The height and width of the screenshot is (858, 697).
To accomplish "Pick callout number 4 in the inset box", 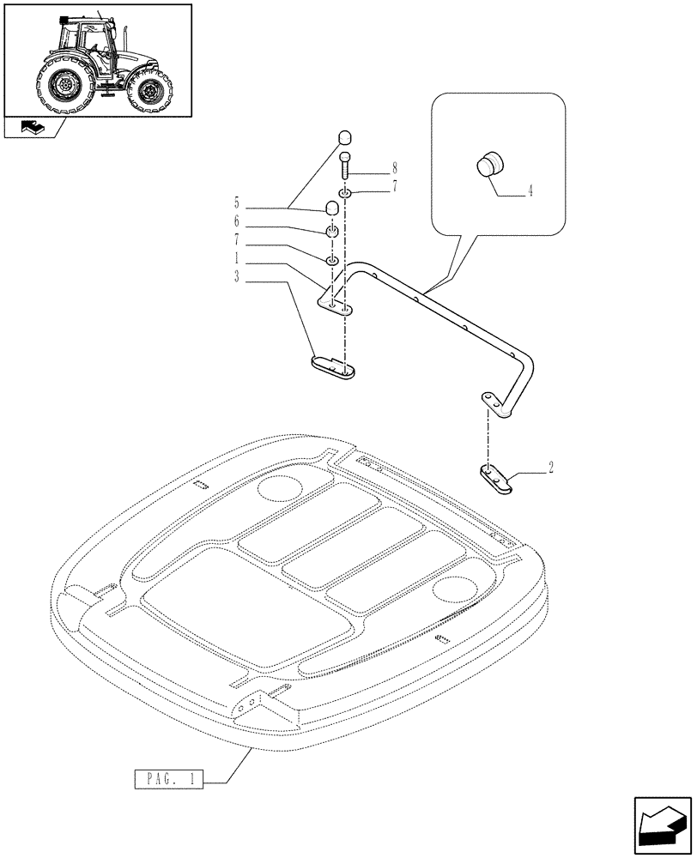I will [x=529, y=193].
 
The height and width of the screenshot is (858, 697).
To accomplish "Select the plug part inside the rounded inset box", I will [x=490, y=163].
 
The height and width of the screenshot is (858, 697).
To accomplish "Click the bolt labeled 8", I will [x=344, y=166].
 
